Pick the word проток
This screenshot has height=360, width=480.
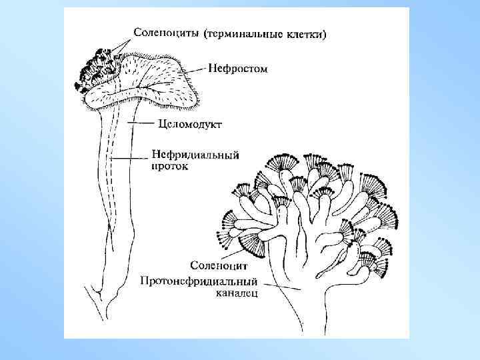pos(170,167)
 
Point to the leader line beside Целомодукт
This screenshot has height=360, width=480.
pos(143,123)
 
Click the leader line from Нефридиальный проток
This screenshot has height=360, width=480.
pos(131,158)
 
